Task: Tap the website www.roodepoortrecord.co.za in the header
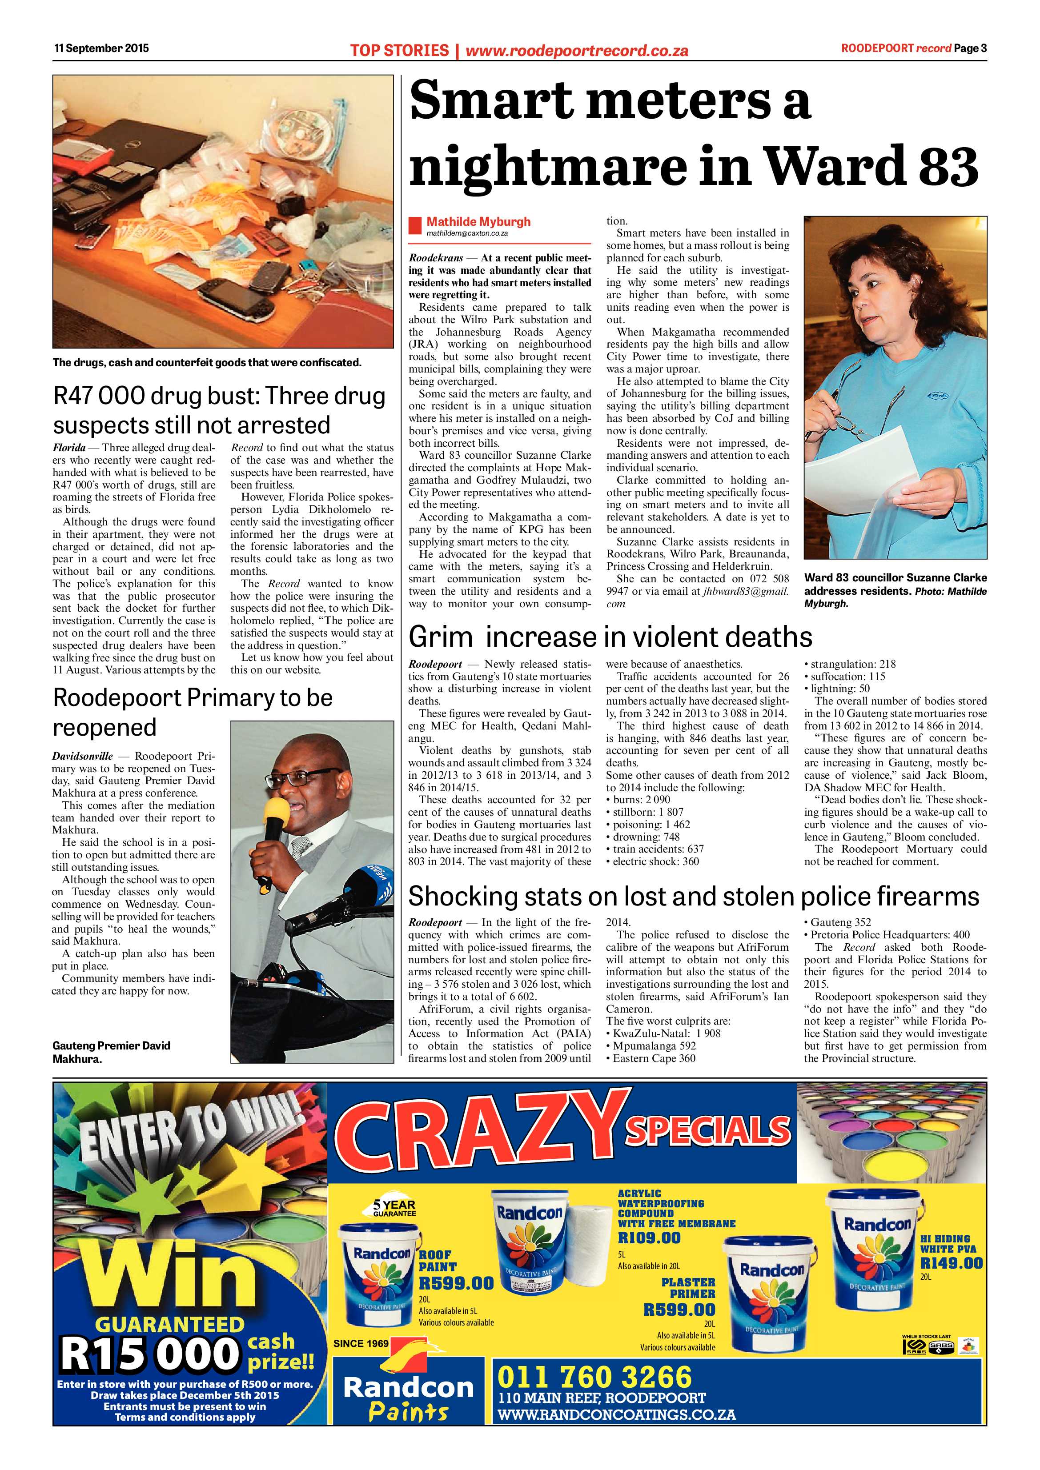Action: point(576,51)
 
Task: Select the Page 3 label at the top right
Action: point(970,48)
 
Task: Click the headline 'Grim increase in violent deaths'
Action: point(610,637)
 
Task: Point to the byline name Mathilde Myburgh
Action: point(478,221)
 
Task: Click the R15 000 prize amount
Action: point(149,1354)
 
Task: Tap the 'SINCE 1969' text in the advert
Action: point(361,1343)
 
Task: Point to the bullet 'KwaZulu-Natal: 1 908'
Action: point(667,1034)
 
